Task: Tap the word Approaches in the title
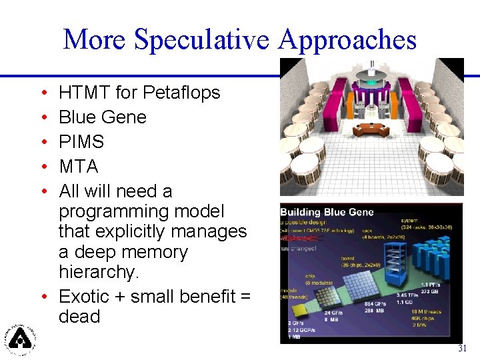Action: [347, 40]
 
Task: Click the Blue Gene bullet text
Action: [102, 117]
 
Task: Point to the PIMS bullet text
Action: [81, 141]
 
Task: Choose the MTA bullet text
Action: [78, 166]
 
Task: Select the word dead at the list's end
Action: [79, 316]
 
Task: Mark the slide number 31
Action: [462, 349]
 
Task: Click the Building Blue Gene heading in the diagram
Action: [327, 213]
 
